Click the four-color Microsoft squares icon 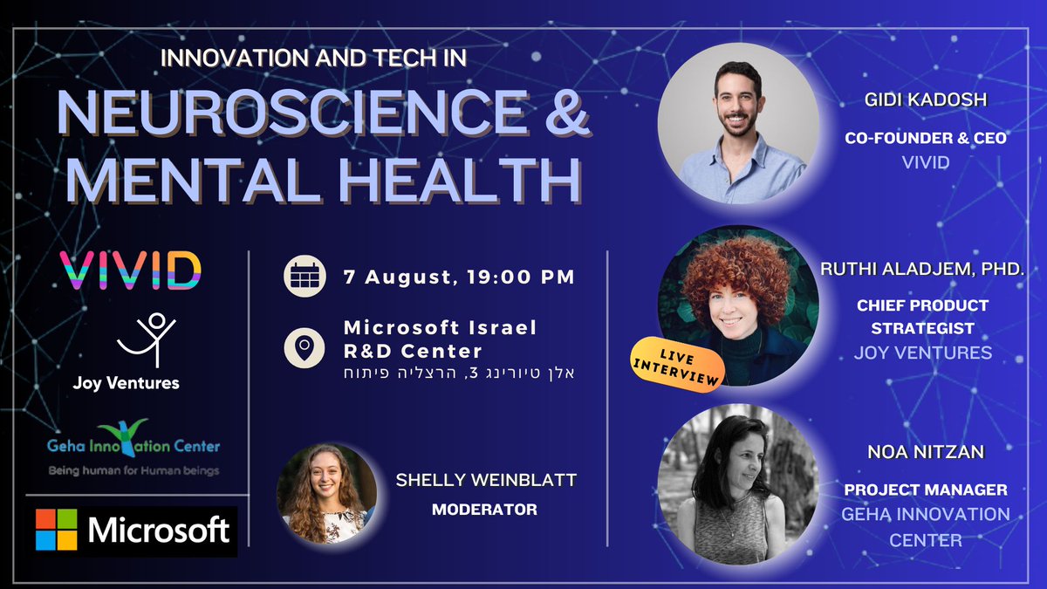coord(57,530)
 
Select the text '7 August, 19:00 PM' coord(459,279)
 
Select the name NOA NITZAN coord(925,454)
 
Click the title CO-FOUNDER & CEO coord(925,138)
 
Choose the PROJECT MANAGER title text coord(925,490)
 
